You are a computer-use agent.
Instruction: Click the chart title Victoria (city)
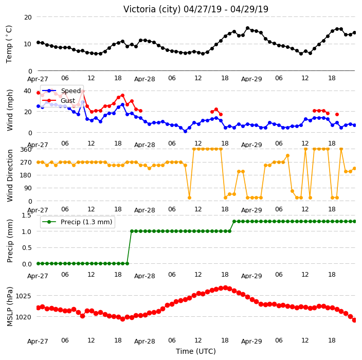click(x=152, y=9)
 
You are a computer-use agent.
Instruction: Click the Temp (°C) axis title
click(x=9, y=44)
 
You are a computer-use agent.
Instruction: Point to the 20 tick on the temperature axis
click(x=28, y=17)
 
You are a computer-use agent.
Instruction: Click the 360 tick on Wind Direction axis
click(x=26, y=150)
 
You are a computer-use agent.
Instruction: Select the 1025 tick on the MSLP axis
click(x=23, y=296)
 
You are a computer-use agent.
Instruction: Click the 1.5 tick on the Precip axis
click(x=26, y=215)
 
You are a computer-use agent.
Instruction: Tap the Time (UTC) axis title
click(x=196, y=351)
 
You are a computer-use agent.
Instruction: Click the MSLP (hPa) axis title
click(x=9, y=307)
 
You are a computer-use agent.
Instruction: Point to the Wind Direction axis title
click(x=10, y=176)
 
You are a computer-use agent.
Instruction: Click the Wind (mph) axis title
click(x=10, y=111)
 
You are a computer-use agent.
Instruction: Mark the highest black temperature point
click(x=247, y=28)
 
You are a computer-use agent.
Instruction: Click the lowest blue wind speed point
click(x=185, y=131)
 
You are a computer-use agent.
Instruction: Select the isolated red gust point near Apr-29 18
click(x=337, y=114)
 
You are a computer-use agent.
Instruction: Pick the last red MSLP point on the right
click(x=354, y=320)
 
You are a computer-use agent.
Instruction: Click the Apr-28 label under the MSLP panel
click(x=144, y=341)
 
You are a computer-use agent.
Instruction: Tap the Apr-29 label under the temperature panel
click(x=251, y=79)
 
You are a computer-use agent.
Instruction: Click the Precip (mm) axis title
click(x=10, y=241)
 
